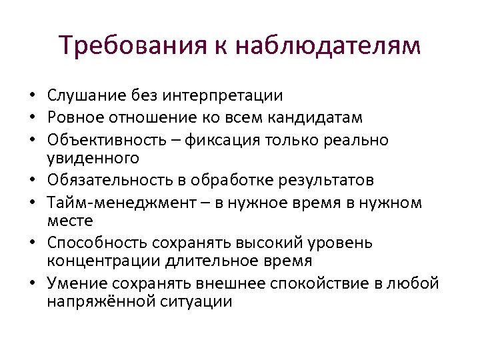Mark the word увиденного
(93, 158)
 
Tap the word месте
(70, 220)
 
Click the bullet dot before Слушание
(31, 97)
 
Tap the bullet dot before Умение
(31, 283)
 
